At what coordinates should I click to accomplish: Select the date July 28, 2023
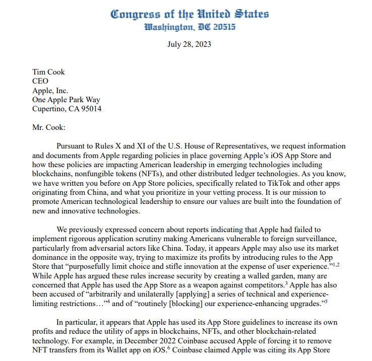pos(189,44)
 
